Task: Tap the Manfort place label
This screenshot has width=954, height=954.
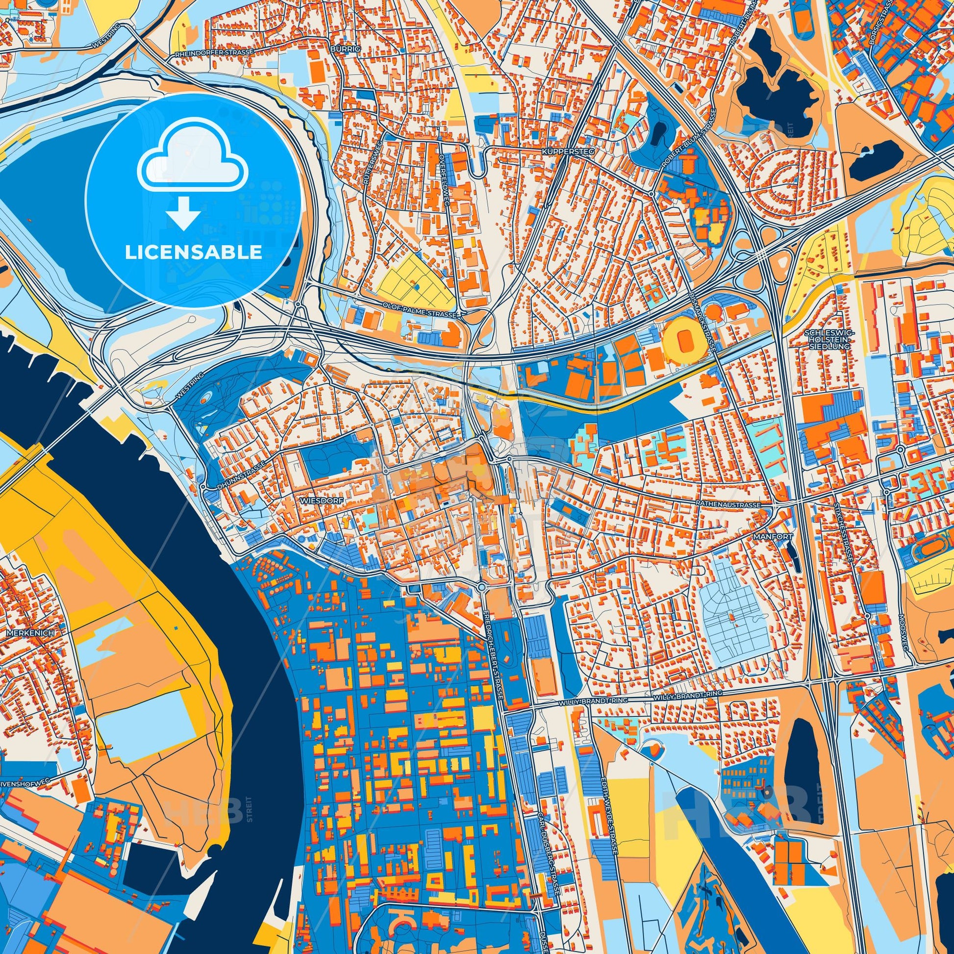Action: point(766,536)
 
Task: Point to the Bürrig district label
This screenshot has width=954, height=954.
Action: point(346,49)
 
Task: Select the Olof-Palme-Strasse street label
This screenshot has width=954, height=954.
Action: point(420,313)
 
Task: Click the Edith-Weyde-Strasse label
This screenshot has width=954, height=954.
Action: point(608,803)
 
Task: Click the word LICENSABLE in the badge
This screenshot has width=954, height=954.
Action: point(193,252)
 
